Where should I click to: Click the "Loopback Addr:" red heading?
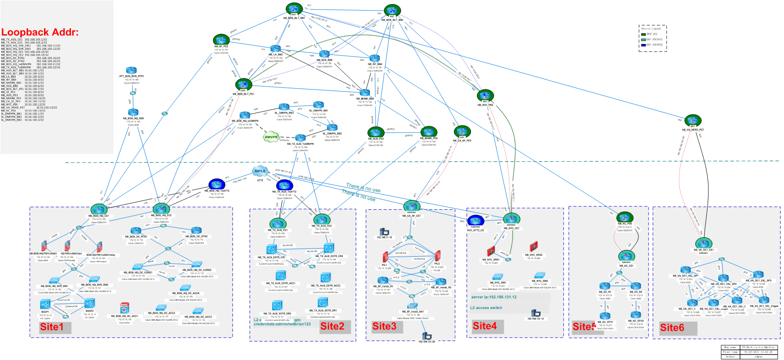(x=40, y=32)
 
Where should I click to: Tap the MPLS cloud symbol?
(x=260, y=171)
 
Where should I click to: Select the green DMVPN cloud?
(x=271, y=137)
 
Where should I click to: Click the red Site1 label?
(x=52, y=327)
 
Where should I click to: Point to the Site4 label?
(x=485, y=326)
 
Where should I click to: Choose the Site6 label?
(x=672, y=328)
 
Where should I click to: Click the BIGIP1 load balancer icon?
(x=45, y=304)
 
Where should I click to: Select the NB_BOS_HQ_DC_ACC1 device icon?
(x=124, y=308)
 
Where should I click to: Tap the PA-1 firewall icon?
(x=385, y=257)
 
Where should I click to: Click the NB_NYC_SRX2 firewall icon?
(x=534, y=247)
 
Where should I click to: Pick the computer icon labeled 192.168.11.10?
(x=384, y=231)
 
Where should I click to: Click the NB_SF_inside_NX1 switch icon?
(x=413, y=306)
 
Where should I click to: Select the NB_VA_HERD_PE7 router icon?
(x=693, y=121)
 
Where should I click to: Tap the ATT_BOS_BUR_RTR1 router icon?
(x=131, y=71)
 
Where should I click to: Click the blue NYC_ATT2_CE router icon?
(x=476, y=221)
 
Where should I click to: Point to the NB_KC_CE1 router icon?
(x=627, y=256)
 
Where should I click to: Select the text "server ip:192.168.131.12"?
(x=494, y=297)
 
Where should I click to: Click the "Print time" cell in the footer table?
(x=730, y=352)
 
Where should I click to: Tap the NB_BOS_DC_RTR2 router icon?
(x=196, y=230)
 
